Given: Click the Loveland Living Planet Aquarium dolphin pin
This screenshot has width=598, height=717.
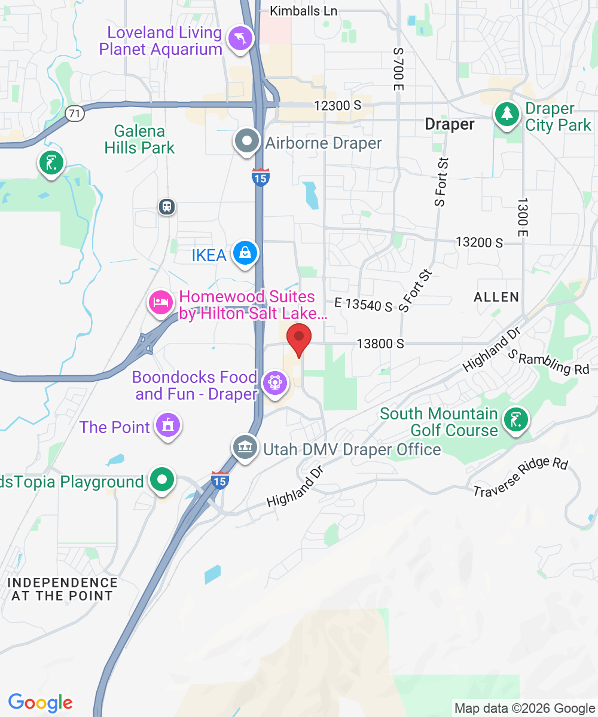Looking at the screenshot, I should point(241,39).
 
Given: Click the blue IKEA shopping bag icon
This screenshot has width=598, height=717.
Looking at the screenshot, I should point(245,253).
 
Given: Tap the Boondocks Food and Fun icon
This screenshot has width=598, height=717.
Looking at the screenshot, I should point(275,381).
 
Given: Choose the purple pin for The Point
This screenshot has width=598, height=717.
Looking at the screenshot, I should point(167,425).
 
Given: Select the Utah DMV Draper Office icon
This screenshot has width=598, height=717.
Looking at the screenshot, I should point(245,448).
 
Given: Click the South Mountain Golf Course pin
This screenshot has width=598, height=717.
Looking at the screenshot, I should point(514,419).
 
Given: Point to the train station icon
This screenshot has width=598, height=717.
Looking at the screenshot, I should point(167,207).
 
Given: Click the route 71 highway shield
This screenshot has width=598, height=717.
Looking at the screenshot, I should point(74,114).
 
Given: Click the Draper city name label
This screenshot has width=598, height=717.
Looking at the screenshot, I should point(449,124).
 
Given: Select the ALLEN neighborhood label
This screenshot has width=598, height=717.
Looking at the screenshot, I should point(496,297).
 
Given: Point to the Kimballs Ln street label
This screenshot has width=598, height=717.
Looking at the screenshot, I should point(303,11).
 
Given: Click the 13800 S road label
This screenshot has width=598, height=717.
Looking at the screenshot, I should point(380,344).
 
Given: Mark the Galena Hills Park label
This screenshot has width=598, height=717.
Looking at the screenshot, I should point(140,139).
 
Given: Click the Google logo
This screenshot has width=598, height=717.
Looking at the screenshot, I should point(40,703).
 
